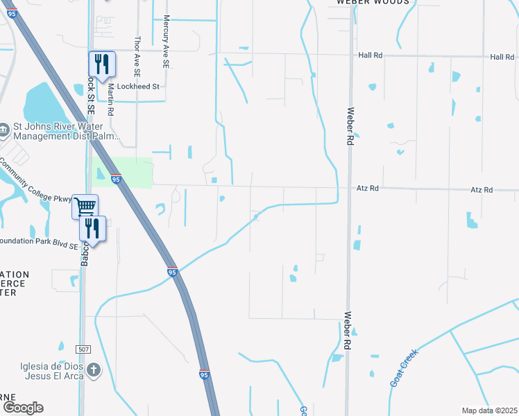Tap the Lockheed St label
138,87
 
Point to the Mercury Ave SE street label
167,42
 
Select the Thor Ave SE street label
137,56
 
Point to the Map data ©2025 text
488,410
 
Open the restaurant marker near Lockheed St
101,64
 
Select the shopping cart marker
84,206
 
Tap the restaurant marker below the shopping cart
92,227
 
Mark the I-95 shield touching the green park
116,180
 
